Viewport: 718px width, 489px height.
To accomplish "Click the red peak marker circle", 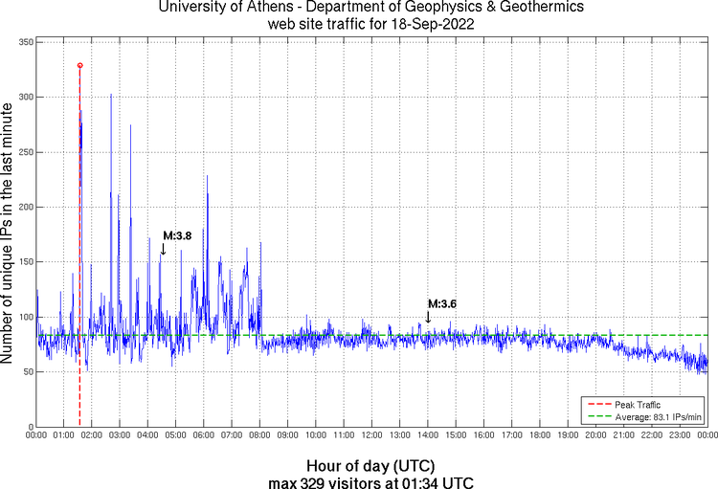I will (x=79, y=65).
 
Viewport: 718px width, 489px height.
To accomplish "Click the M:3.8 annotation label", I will (x=177, y=235).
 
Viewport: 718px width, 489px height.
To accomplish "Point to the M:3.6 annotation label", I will (x=441, y=303).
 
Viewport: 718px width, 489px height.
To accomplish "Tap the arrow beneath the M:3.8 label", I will (x=163, y=249).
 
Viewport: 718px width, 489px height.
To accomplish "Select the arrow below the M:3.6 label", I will (x=428, y=317).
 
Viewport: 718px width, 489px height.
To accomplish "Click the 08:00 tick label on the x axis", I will (x=259, y=435).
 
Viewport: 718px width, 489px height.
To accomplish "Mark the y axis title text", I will (x=9, y=234).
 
